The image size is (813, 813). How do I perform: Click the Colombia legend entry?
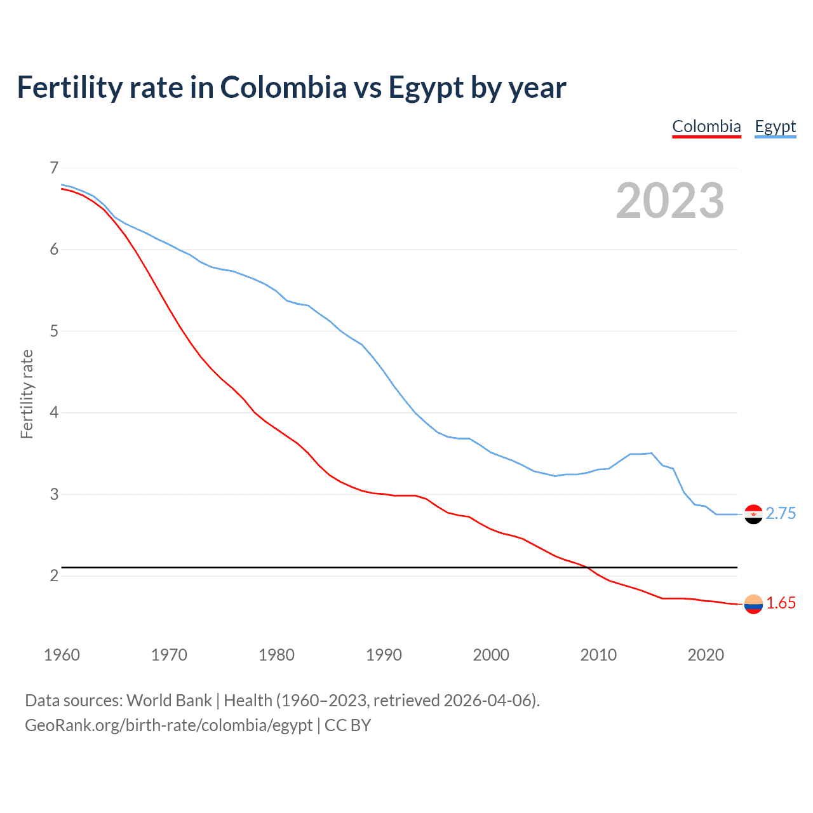coord(706,126)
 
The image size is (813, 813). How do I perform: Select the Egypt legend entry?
coord(775,126)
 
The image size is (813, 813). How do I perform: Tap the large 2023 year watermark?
coord(669,201)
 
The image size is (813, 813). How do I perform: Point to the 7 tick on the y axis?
coord(54,168)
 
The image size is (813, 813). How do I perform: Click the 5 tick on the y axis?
coord(54,331)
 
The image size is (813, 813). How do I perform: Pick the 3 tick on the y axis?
coord(54,494)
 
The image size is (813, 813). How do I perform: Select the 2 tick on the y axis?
coord(54,575)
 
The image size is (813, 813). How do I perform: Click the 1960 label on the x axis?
coord(62,655)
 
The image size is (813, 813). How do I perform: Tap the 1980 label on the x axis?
coord(276,655)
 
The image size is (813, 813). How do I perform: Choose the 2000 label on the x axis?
coord(491,655)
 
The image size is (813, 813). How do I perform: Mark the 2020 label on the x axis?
coord(706,655)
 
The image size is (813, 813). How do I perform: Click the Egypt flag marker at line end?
coord(753,514)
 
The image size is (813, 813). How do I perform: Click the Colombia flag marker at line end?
coord(753,604)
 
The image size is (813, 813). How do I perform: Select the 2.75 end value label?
coord(781,513)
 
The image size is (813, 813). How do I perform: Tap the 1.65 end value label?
coord(781,603)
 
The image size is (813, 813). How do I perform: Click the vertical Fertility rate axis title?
coord(27,394)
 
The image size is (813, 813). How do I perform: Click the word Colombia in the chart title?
coord(283,88)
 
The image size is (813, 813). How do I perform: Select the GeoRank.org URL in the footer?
coord(168,725)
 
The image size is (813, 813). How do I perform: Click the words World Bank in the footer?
coord(169,701)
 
